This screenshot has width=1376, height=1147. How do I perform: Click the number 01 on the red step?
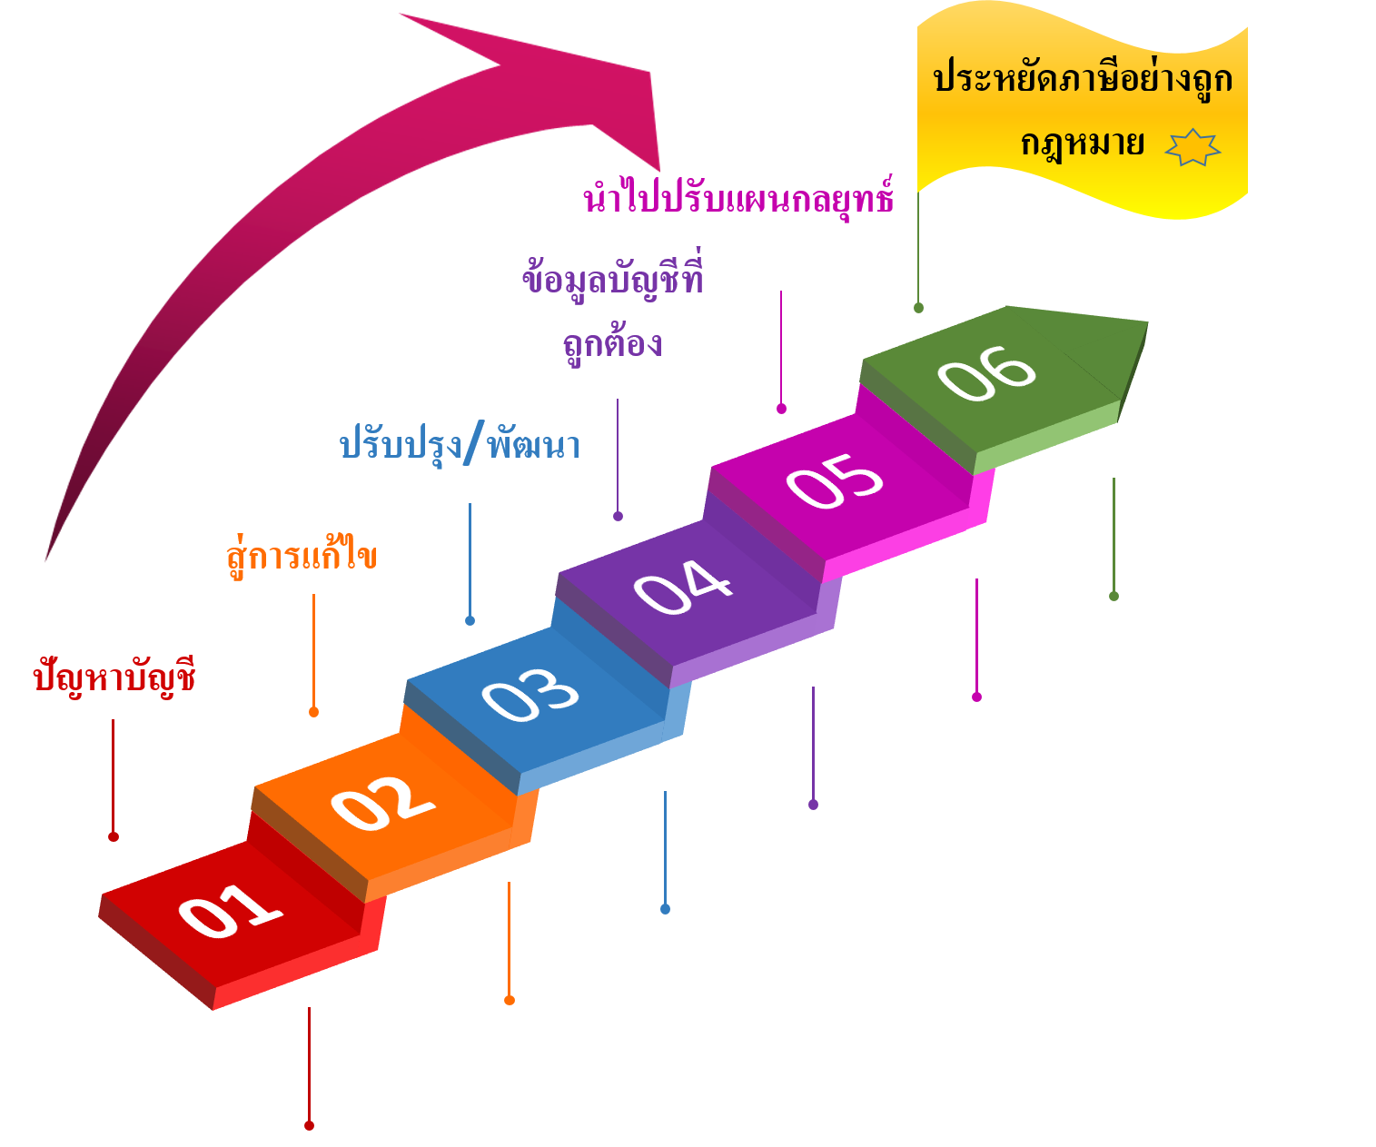pyautogui.click(x=229, y=910)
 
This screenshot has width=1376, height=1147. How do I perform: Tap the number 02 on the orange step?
pyautogui.click(x=381, y=803)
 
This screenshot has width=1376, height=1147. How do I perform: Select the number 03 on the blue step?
pyautogui.click(x=530, y=696)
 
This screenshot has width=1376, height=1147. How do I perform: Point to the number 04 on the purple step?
pyautogui.click(x=682, y=587)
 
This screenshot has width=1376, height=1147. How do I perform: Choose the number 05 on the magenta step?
pyautogui.click(x=834, y=480)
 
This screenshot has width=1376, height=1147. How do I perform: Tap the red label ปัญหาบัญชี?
pyautogui.click(x=114, y=677)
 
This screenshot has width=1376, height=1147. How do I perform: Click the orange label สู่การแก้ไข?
pyautogui.click(x=301, y=555)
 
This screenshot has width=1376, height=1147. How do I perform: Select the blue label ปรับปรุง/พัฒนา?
pyautogui.click(x=460, y=445)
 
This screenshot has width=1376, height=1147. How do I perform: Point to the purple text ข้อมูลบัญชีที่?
pyautogui.click(x=613, y=278)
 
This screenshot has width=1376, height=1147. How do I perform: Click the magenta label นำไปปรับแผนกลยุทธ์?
pyautogui.click(x=738, y=197)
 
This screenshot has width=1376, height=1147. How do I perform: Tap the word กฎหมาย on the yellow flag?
pyautogui.click(x=1082, y=144)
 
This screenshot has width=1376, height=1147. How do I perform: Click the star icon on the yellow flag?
pyautogui.click(x=1193, y=147)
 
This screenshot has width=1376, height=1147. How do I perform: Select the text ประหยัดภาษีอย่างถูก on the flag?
pyautogui.click(x=1083, y=79)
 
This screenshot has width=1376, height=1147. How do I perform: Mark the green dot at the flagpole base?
pyautogui.click(x=918, y=308)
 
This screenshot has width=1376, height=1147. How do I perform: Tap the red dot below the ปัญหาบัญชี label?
pyautogui.click(x=114, y=836)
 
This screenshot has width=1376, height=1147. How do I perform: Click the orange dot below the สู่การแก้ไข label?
pyautogui.click(x=313, y=712)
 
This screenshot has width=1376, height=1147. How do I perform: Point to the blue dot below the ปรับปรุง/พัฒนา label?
pyautogui.click(x=470, y=621)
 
